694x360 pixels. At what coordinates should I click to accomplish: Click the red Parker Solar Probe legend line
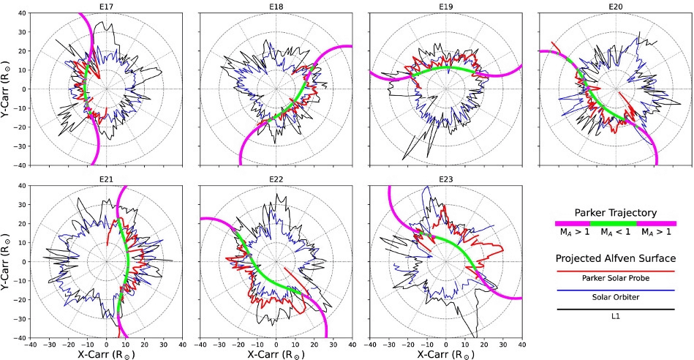tap(614, 269)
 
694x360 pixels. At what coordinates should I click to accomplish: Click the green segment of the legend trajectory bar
tap(614, 222)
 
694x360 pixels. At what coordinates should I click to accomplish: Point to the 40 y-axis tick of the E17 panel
tap(23, 13)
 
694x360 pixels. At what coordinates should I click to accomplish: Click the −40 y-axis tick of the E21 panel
tap(21, 338)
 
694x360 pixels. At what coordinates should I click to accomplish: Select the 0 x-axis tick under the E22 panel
tap(276, 344)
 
